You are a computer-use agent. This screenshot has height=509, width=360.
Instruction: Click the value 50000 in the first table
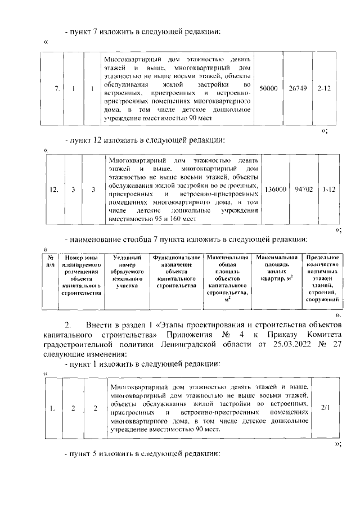[x=268, y=89]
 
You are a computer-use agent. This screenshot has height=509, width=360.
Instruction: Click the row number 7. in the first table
[x=57, y=89]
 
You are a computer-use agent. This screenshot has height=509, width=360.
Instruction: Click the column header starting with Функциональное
[x=177, y=271]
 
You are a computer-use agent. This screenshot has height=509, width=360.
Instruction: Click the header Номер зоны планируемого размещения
[x=82, y=274]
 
